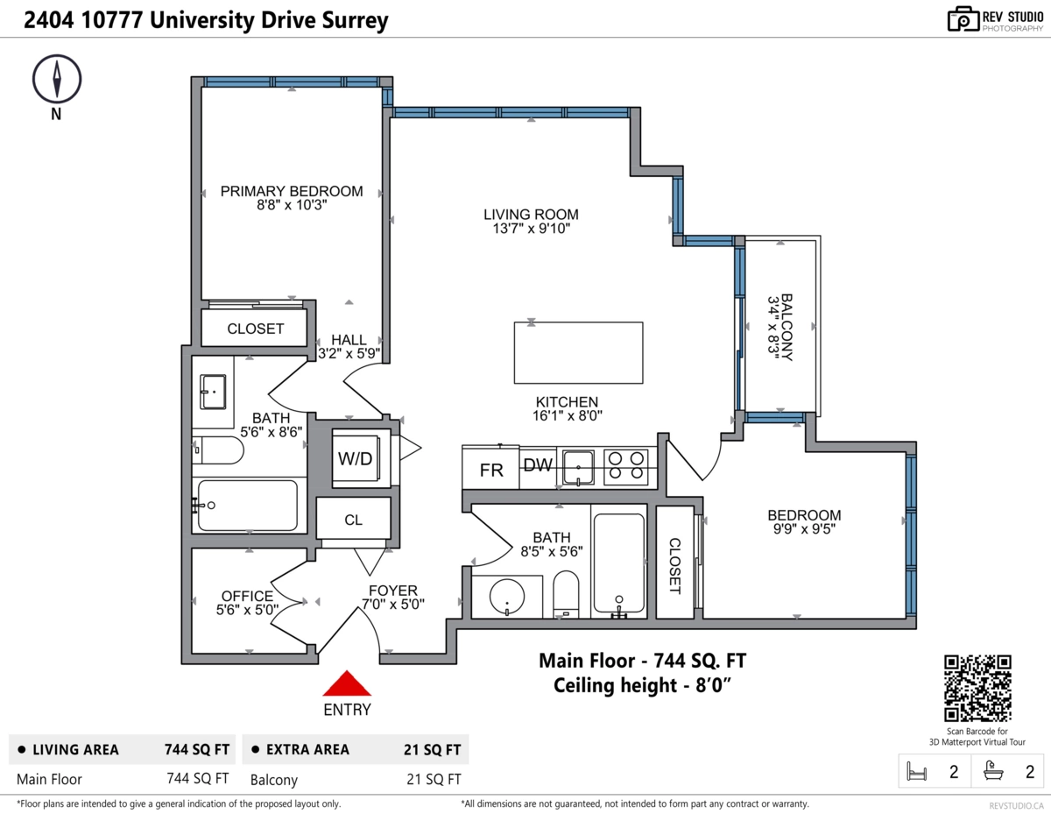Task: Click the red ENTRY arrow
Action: point(348,684)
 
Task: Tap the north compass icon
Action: point(57,79)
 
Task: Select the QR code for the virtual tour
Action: point(977,689)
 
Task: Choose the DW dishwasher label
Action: point(538,465)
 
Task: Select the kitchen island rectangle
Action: point(578,352)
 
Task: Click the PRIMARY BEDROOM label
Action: point(291,191)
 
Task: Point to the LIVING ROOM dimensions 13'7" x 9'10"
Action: point(531,230)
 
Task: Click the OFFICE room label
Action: point(247,596)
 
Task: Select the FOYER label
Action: point(392,591)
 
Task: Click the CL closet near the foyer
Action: point(353,520)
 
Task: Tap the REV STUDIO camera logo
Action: point(963,19)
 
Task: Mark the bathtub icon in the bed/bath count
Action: point(994,771)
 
